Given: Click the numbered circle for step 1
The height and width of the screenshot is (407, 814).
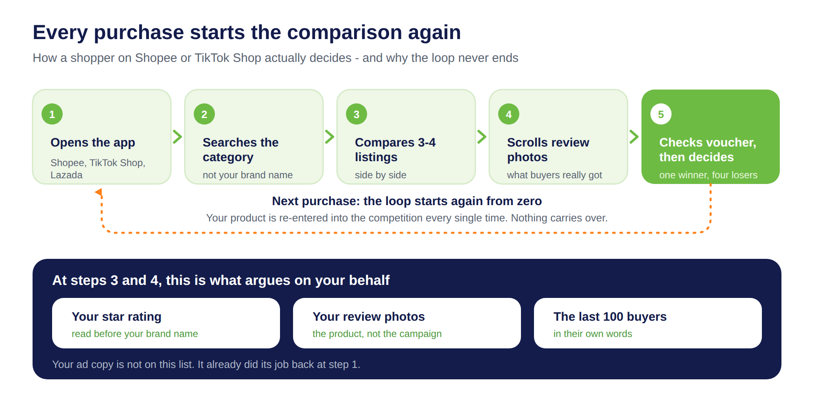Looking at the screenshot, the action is (52, 114).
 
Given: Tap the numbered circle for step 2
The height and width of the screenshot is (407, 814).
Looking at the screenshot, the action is (204, 114).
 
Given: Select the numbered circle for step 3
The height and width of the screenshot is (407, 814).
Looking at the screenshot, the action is (357, 114).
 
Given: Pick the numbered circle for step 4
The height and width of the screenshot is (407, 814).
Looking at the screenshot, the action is (509, 114).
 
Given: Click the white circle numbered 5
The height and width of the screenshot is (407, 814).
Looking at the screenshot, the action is (661, 114).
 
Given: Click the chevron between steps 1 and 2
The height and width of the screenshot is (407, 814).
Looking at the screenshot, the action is (177, 137).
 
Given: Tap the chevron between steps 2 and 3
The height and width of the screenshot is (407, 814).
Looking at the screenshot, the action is (330, 137).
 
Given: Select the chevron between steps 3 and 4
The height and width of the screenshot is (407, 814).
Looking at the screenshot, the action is (482, 137).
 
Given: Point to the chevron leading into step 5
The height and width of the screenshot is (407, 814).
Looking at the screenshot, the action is (634, 137).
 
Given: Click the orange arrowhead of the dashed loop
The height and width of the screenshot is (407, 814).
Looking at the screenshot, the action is (98, 192).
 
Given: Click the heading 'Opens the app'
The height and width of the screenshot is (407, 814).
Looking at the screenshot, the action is (93, 142).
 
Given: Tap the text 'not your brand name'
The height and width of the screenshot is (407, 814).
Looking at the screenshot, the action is (247, 175).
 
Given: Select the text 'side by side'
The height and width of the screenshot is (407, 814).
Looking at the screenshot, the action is (381, 175).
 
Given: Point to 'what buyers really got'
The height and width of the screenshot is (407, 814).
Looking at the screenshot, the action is (554, 175).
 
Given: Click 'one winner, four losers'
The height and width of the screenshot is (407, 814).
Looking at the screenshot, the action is (708, 175).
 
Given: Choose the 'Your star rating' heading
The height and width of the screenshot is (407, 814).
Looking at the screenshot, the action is (116, 317).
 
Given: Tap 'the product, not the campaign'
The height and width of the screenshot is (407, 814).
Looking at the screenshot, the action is (377, 334).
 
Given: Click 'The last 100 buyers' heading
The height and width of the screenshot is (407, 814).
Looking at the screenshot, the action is (610, 317).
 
